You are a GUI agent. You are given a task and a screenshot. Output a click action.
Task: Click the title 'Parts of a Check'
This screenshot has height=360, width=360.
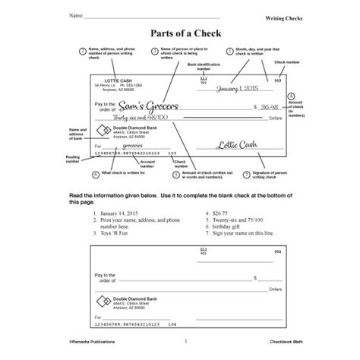tap(179, 33)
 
